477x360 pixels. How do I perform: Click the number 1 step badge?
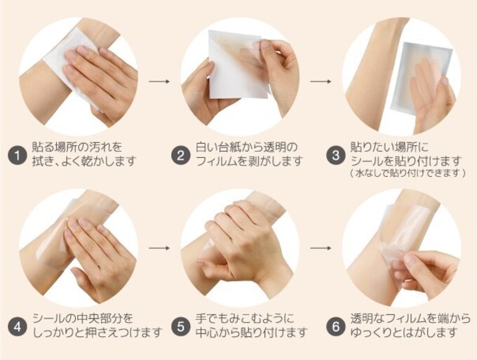(18, 154)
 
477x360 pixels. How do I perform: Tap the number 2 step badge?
(180, 154)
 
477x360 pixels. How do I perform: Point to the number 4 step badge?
(18, 326)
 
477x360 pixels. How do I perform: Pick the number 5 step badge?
(180, 326)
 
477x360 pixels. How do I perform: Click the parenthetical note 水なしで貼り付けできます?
(407, 173)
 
